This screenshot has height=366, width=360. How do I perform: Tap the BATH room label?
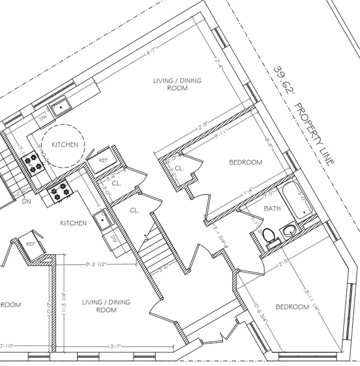pyautogui.click(x=272, y=208)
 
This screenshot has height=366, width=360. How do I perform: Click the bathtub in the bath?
pyautogui.click(x=297, y=200)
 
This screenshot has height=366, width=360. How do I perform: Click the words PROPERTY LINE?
pyautogui.click(x=314, y=134)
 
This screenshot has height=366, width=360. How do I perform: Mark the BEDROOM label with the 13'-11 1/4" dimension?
pyautogui.click(x=292, y=307)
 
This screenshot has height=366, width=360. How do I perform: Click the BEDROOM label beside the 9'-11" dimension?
pyautogui.click(x=245, y=162)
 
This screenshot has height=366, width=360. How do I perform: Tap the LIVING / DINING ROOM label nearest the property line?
pyautogui.click(x=177, y=84)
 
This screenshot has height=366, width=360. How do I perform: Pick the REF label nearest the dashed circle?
pyautogui.click(x=103, y=160)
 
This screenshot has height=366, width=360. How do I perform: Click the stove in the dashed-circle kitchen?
pyautogui.click(x=32, y=163)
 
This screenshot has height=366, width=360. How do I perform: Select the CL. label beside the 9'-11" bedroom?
pyautogui.click(x=179, y=168)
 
